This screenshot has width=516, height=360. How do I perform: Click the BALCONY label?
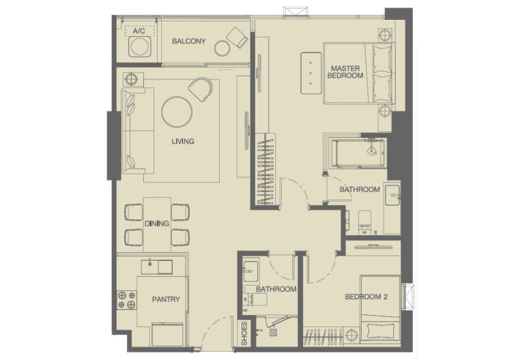click(x=188, y=41)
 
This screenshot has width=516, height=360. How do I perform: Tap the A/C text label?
click(x=139, y=31)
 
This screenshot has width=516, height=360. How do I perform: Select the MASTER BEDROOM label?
click(x=345, y=72)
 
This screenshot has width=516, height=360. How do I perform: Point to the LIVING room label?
click(x=183, y=141)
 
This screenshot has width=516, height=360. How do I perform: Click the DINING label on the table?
click(x=157, y=223)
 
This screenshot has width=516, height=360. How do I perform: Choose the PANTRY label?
click(x=166, y=299)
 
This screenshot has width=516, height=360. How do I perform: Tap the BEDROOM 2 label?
click(x=366, y=296)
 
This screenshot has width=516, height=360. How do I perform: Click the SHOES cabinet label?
click(x=244, y=333)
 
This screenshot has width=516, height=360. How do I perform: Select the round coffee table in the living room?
click(x=177, y=111)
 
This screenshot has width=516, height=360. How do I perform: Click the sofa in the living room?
click(x=138, y=130)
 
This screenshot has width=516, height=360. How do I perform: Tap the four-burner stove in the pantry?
click(x=127, y=300)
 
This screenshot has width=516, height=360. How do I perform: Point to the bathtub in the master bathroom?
click(x=358, y=153)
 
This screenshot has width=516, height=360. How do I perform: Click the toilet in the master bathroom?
click(x=364, y=221)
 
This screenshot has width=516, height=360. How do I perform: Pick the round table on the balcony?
click(x=222, y=48)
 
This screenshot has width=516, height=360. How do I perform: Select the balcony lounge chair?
click(x=237, y=37)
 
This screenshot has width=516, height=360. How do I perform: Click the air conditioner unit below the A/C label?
click(x=140, y=46)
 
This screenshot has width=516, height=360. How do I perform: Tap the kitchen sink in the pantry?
click(x=157, y=267)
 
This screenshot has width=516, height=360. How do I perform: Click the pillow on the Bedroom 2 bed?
click(x=381, y=331)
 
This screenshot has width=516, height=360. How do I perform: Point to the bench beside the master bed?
click(x=311, y=73)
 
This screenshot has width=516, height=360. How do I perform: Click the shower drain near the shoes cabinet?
click(x=273, y=332)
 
